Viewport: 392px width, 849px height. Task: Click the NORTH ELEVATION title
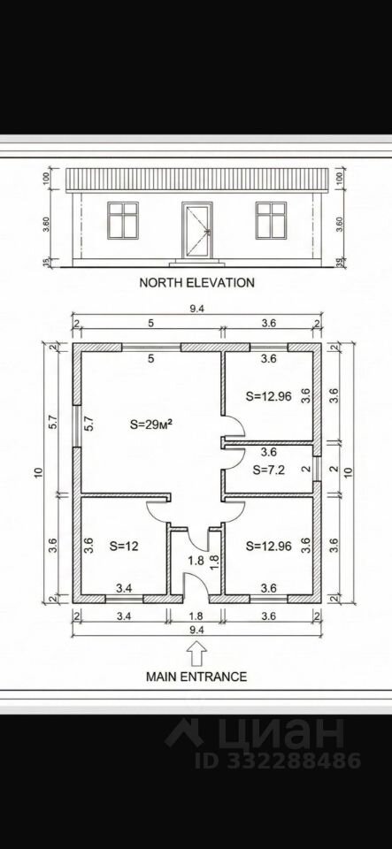pyautogui.click(x=197, y=282)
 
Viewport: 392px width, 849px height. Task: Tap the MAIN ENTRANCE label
pyautogui.click(x=196, y=677)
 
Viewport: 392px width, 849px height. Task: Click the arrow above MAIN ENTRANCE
pyautogui.click(x=196, y=653)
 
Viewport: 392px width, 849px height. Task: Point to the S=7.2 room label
pyautogui.click(x=269, y=470)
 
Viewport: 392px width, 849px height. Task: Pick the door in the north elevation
pyautogui.click(x=197, y=231)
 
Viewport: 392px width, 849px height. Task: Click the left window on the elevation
pyautogui.click(x=123, y=220)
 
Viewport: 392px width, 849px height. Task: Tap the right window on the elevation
pyautogui.click(x=272, y=220)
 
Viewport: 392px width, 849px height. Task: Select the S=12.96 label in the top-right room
pyautogui.click(x=268, y=396)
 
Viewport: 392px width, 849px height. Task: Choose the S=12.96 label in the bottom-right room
pyautogui.click(x=268, y=547)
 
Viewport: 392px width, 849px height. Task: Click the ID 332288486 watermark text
pyautogui.click(x=278, y=761)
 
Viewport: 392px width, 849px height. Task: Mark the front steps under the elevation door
pyautogui.click(x=197, y=264)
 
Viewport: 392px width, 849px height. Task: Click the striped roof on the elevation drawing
pyautogui.click(x=197, y=180)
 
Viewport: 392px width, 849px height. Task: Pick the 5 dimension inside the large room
pyautogui.click(x=151, y=358)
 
